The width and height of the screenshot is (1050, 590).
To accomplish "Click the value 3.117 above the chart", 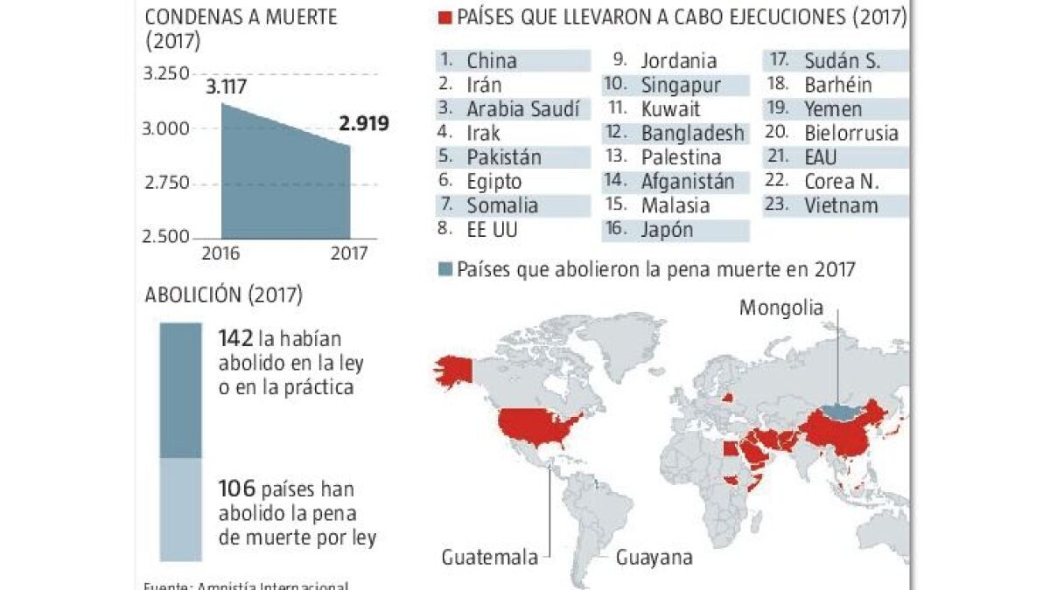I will [226, 87].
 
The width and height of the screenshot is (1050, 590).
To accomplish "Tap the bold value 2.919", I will [364, 123].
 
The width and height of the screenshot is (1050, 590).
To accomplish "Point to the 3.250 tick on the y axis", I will [165, 74].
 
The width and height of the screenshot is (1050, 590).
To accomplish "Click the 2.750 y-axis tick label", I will [165, 183].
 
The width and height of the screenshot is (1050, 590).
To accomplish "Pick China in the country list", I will [491, 60].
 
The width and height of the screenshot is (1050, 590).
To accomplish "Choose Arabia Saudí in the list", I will [523, 109].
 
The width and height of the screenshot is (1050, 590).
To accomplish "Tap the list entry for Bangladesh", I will [692, 134].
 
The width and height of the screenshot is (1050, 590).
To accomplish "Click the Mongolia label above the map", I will [781, 308].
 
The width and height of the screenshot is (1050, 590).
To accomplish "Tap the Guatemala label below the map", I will [489, 557].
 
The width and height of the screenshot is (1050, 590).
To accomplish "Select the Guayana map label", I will [654, 557].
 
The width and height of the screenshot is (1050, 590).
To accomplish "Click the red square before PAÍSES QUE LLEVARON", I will [444, 17].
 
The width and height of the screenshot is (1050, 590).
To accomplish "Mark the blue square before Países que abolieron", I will [445, 269].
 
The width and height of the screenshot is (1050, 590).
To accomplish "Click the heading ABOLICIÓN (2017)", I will [223, 295].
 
